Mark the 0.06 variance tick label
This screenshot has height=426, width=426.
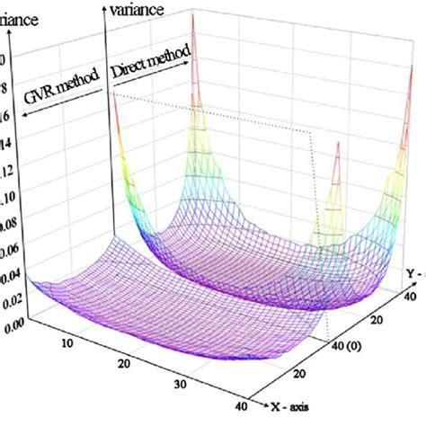10,260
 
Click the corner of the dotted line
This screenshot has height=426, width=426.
311,133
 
